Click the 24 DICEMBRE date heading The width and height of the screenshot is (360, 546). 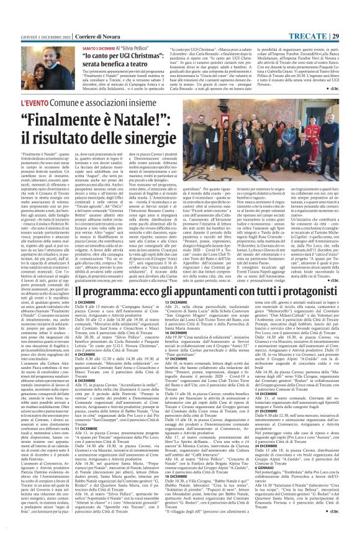[x=261, y=445]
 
